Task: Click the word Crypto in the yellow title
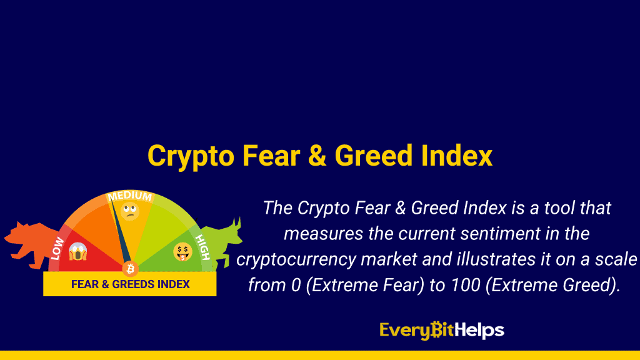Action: pyautogui.click(x=191, y=156)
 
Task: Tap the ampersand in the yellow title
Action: pyautogui.click(x=317, y=156)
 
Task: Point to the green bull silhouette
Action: pyautogui.click(x=222, y=244)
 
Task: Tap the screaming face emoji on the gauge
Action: pyautogui.click(x=77, y=251)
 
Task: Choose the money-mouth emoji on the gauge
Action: pyautogui.click(x=182, y=252)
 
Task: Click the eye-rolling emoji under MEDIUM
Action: pyautogui.click(x=130, y=211)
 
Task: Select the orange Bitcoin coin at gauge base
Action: pyautogui.click(x=130, y=269)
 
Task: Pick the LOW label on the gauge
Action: pyautogui.click(x=57, y=248)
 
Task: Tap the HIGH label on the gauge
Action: pyautogui.click(x=202, y=247)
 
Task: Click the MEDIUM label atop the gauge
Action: pyautogui.click(x=130, y=196)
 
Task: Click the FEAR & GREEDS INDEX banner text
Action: pyautogui.click(x=130, y=284)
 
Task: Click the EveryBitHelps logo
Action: pyautogui.click(x=442, y=330)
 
